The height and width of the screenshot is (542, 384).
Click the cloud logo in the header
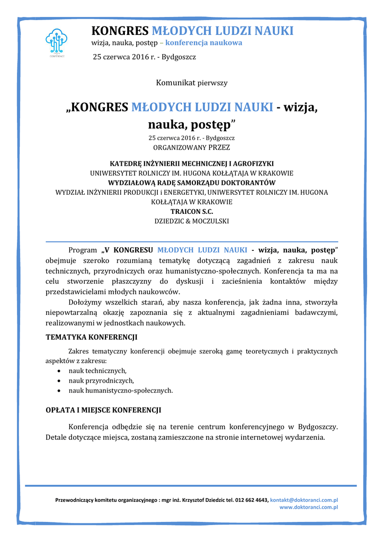pyautogui.click(x=56, y=40)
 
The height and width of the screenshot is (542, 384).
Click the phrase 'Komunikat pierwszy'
pyautogui.click(x=192, y=83)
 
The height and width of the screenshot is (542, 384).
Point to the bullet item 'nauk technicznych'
pyautogui.click(x=97, y=371)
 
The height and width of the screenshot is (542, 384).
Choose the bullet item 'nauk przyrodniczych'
pyautogui.click(x=101, y=381)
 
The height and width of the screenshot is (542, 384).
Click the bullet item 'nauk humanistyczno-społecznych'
pyautogui.click(x=120, y=391)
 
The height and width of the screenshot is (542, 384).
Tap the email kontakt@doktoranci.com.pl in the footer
pyautogui.click(x=304, y=500)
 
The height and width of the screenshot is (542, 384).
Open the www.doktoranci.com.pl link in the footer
pyautogui.click(x=309, y=507)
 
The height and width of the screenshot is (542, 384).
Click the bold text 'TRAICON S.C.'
pyautogui.click(x=192, y=211)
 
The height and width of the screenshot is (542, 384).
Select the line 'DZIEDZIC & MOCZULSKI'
pyautogui.click(x=192, y=221)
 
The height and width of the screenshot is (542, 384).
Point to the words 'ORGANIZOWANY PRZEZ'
pyautogui.click(x=192, y=147)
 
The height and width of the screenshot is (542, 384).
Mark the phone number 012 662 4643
pyautogui.click(x=251, y=500)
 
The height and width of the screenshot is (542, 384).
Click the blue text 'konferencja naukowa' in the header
pyautogui.click(x=204, y=42)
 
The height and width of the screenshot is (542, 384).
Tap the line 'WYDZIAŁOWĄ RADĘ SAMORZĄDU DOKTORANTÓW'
pyautogui.click(x=192, y=183)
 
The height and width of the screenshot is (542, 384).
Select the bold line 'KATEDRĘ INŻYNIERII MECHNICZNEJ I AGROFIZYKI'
pyautogui.click(x=192, y=164)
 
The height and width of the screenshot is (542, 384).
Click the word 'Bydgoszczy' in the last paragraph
pyautogui.click(x=318, y=427)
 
